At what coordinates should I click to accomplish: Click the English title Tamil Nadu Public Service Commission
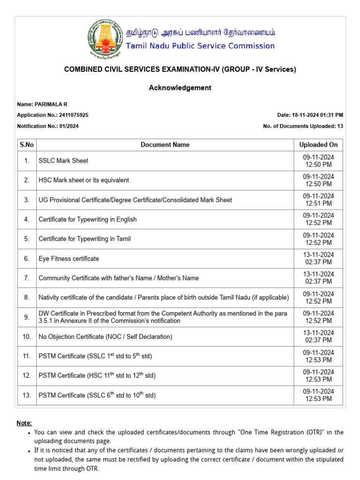(x=200, y=46)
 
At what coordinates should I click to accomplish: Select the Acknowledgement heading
(x=180, y=88)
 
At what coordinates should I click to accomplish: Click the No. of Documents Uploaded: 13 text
(x=303, y=126)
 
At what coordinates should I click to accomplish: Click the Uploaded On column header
(x=318, y=145)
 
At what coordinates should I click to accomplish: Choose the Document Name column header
(x=165, y=145)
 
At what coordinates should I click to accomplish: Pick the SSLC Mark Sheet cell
(x=63, y=161)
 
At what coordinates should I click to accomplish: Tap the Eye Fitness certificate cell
(x=69, y=259)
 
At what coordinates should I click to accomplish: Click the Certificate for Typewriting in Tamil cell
(x=85, y=239)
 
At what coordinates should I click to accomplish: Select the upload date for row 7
(x=318, y=278)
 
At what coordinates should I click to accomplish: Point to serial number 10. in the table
(x=27, y=337)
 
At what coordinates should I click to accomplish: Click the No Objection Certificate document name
(x=105, y=337)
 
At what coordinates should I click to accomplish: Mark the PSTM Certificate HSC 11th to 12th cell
(x=97, y=375)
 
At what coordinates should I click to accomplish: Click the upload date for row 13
(x=318, y=395)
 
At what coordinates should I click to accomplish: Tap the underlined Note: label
(x=24, y=423)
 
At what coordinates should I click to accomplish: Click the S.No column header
(x=27, y=145)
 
